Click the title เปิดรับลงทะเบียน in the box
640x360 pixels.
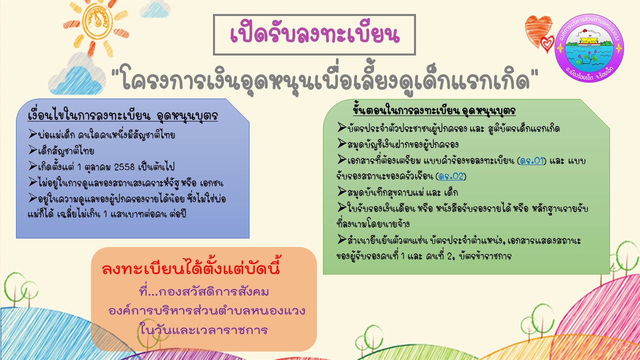[314, 35]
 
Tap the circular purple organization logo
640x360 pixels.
[589, 48]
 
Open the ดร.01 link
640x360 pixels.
[531, 161]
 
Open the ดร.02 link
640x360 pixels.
[451, 176]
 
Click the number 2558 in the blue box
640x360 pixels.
[124, 167]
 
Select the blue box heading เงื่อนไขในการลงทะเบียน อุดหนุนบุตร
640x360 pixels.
[123, 115]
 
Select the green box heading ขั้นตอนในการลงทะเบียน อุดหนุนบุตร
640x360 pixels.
[434, 110]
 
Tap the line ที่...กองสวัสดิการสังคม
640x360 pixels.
[203, 292]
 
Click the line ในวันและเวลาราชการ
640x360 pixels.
[203, 330]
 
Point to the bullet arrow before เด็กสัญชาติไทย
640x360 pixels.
[32, 149]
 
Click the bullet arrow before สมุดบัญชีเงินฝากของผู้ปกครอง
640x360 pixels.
[341, 143]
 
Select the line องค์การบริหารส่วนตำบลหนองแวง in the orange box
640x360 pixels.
[207, 310]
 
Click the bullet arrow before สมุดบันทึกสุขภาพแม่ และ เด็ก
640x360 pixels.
[341, 191]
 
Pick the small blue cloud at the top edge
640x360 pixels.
[154, 8]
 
